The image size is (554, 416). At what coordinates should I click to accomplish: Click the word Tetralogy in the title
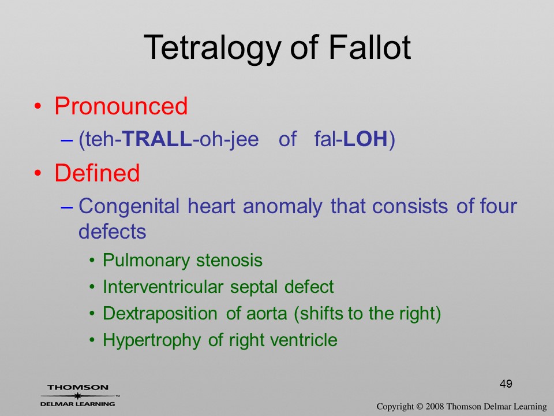point(212,49)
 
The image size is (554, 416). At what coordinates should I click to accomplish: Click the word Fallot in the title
point(370,47)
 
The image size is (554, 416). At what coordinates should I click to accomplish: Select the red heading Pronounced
point(121,106)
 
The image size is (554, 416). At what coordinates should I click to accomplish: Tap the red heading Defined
point(97,173)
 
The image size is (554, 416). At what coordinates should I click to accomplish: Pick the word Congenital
point(129,207)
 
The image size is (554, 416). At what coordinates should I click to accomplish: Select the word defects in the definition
point(113,232)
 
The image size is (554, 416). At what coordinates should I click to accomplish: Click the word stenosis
point(229,261)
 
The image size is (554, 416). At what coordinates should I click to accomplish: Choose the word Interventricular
point(163,287)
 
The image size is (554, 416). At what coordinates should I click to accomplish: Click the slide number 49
point(506,384)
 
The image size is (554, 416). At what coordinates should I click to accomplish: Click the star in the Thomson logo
point(77,396)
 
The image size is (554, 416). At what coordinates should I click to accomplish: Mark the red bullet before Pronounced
point(38,106)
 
